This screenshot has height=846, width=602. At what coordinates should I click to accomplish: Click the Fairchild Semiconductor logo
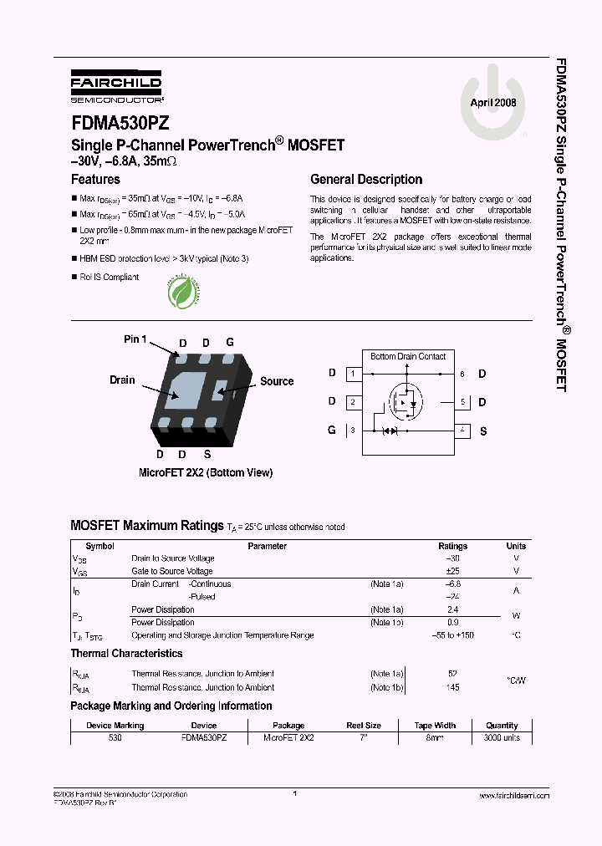click(115, 85)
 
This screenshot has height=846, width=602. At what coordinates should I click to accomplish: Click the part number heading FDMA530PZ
click(120, 122)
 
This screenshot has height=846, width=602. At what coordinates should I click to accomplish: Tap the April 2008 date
click(492, 102)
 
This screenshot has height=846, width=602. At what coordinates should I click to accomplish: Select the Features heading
click(95, 179)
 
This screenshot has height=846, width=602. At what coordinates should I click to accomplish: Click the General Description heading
click(366, 179)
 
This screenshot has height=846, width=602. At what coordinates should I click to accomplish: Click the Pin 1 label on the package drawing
click(135, 339)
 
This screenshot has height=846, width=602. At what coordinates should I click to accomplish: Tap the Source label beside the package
click(276, 381)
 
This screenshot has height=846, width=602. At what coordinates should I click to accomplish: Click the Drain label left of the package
click(122, 380)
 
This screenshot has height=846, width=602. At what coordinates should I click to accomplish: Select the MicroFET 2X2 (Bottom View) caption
click(205, 472)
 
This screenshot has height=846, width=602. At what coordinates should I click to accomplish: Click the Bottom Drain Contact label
click(408, 356)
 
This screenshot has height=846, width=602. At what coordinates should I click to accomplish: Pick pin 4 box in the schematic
click(462, 431)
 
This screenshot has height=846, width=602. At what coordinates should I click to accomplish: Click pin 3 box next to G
click(354, 431)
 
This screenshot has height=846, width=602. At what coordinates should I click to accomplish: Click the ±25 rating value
click(453, 571)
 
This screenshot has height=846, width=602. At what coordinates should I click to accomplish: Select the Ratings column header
click(453, 546)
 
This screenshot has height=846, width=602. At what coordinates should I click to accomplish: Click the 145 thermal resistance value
click(453, 687)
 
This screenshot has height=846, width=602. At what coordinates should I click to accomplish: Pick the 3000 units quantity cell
click(502, 738)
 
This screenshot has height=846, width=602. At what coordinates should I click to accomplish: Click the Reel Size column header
click(363, 726)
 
